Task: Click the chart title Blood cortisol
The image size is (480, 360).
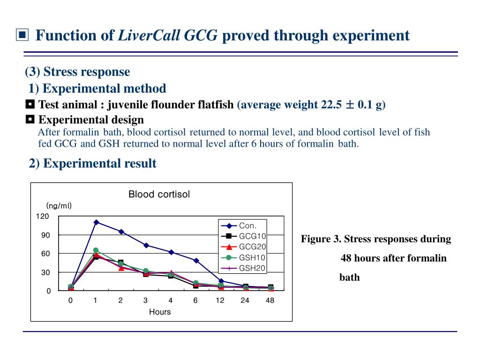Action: point(159,194)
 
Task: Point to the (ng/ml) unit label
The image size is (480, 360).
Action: point(59,206)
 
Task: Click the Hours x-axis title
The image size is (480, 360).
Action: point(160,312)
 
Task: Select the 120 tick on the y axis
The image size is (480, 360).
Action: point(43,216)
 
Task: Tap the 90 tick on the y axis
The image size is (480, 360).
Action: point(45,235)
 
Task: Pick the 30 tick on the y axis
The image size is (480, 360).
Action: point(45,272)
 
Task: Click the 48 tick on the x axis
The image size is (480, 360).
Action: point(270,300)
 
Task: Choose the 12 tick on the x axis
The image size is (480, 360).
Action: point(220,300)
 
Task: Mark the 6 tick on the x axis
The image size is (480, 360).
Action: point(195,300)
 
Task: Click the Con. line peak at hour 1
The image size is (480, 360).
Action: point(96,222)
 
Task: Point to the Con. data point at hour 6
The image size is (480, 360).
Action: point(196,261)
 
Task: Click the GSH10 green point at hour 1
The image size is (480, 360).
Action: point(96,250)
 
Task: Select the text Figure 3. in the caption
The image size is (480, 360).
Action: point(321,239)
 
